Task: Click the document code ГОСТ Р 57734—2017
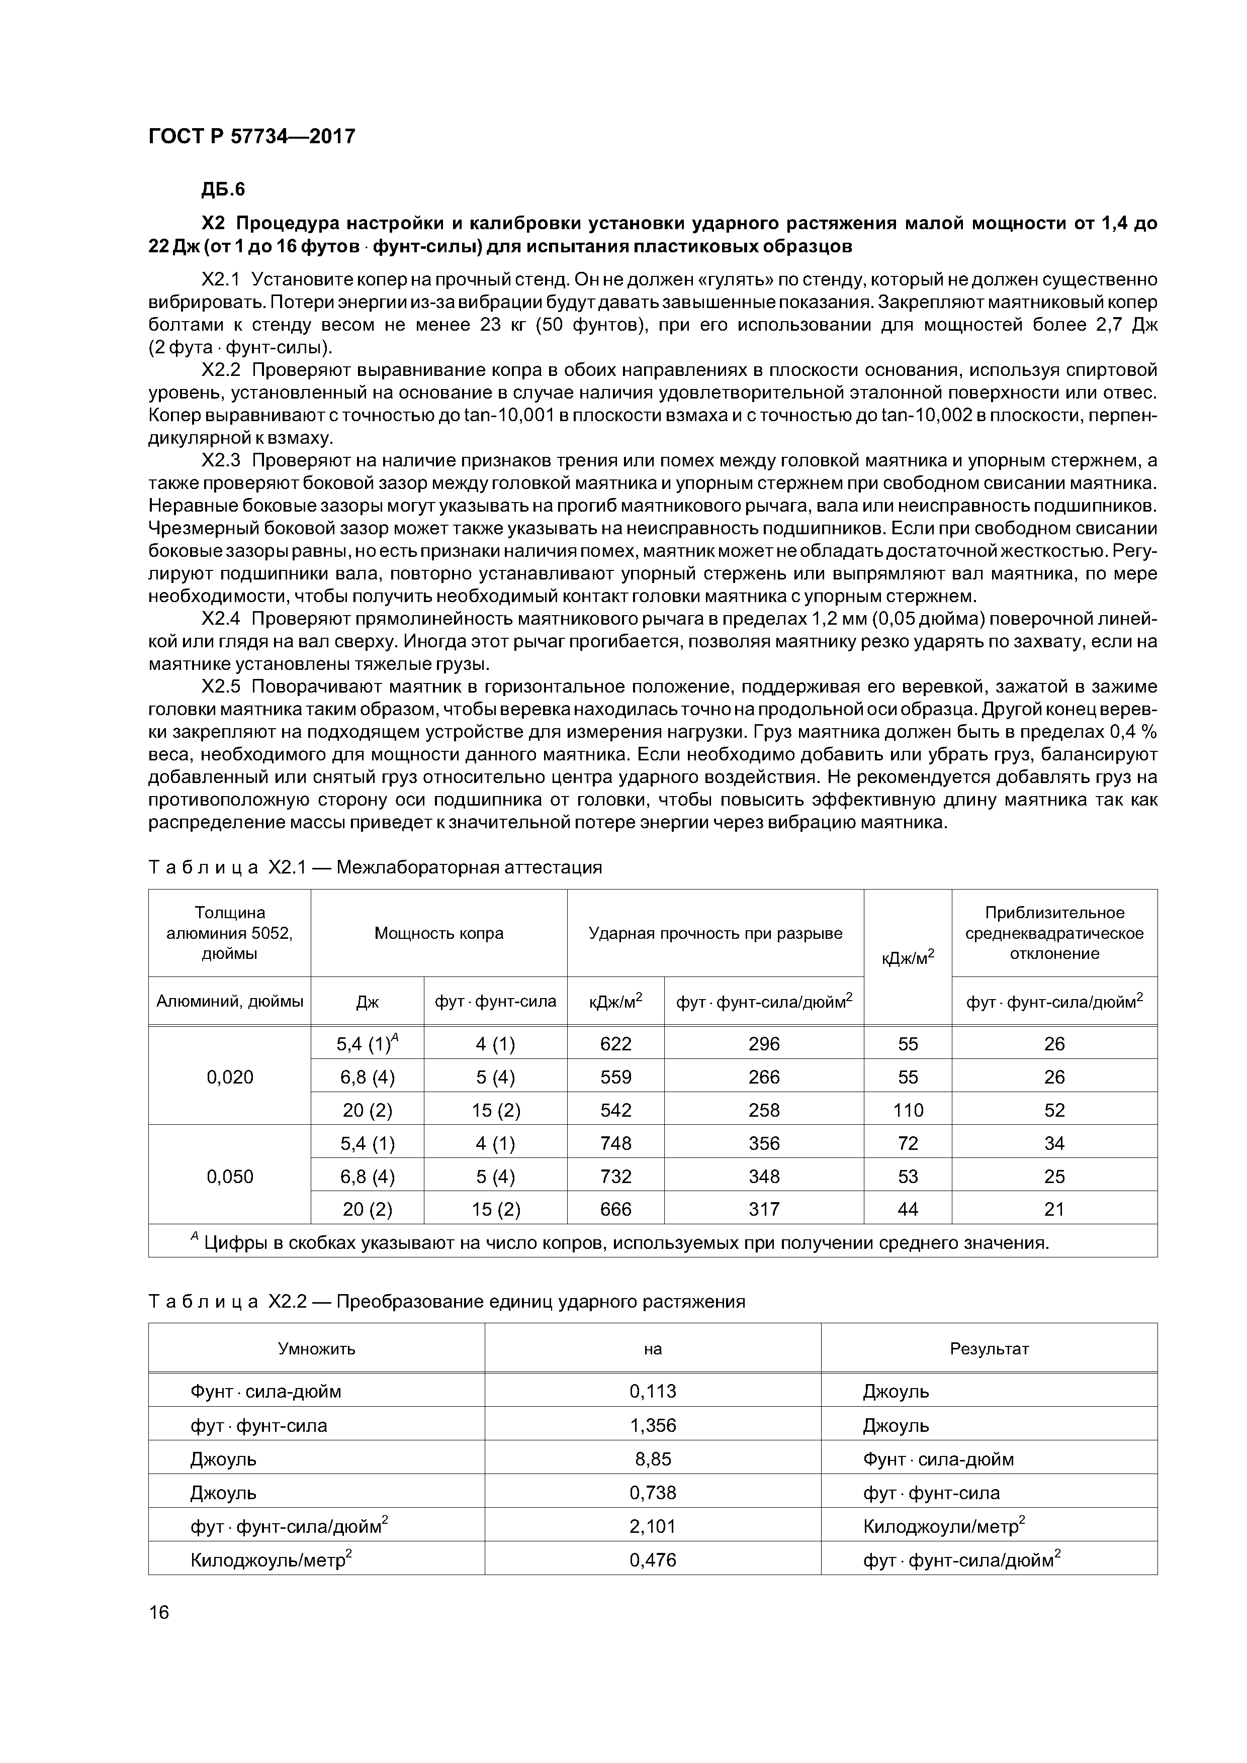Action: point(251,137)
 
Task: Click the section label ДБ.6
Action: point(223,189)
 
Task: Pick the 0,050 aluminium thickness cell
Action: point(230,1177)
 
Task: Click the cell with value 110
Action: point(908,1110)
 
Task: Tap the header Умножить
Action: point(317,1348)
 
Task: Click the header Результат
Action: point(989,1348)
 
